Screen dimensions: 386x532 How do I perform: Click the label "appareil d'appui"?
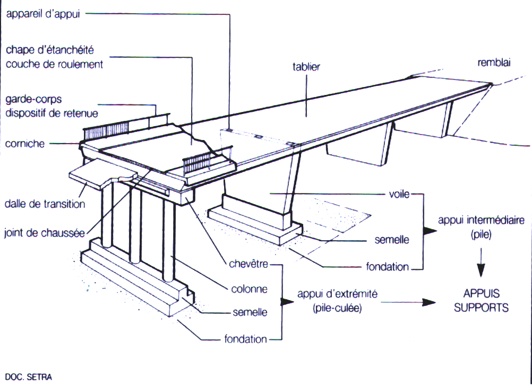(x=42, y=14)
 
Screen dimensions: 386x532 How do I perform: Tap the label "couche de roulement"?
(x=54, y=64)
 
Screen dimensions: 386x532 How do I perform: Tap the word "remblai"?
(x=493, y=63)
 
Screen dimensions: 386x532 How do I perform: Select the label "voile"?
(x=398, y=195)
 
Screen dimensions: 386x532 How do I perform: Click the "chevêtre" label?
(x=248, y=264)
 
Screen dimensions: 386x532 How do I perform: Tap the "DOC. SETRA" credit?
(x=26, y=378)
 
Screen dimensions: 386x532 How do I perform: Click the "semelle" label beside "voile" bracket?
(x=391, y=240)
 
